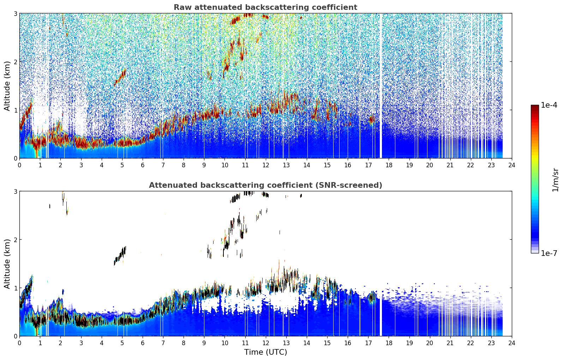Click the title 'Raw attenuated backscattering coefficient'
pyautogui.click(x=265, y=7)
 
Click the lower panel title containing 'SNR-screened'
pyautogui.click(x=265, y=185)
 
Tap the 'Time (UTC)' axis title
pyautogui.click(x=265, y=352)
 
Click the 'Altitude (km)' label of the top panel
pyautogui.click(x=7, y=86)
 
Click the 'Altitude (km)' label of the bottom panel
pyautogui.click(x=7, y=264)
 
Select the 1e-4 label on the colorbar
pyautogui.click(x=549, y=105)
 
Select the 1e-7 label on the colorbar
pyautogui.click(x=549, y=253)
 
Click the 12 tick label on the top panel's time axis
pyautogui.click(x=266, y=165)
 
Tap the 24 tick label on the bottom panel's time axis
pyautogui.click(x=512, y=343)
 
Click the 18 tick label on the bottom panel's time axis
pyautogui.click(x=389, y=343)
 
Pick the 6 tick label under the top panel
pyautogui.click(x=143, y=165)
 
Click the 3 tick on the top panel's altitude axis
pyautogui.click(x=15, y=13)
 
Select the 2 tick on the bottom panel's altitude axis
pyautogui.click(x=15, y=240)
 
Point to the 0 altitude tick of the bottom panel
pyautogui.click(x=15, y=336)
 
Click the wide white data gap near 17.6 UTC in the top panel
pyautogui.click(x=381, y=86)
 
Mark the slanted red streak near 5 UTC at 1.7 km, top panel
pyautogui.click(x=120, y=77)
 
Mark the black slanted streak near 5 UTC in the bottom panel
pyautogui.click(x=120, y=256)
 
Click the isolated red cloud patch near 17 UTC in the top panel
pyautogui.click(x=371, y=119)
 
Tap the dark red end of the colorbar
pyautogui.click(x=535, y=107)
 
